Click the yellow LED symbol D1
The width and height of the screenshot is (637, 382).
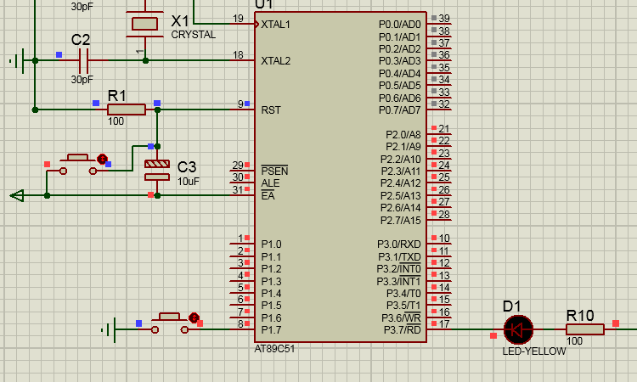[518, 329]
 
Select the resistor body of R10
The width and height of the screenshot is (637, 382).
[585, 329]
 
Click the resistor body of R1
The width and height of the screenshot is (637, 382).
[127, 110]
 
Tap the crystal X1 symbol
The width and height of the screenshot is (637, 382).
[145, 24]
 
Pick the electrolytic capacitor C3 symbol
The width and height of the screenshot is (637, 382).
[157, 171]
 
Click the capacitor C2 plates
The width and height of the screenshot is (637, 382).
[84, 60]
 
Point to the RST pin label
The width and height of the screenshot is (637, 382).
[271, 110]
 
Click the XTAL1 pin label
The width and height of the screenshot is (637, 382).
[275, 25]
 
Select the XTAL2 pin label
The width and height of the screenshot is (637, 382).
[276, 61]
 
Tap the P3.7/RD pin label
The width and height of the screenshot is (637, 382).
[403, 330]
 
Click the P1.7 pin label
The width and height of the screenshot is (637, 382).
[271, 330]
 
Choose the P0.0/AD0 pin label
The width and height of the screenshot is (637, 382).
[400, 25]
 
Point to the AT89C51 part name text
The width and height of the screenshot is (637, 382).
[274, 349]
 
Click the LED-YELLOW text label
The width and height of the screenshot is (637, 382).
[534, 351]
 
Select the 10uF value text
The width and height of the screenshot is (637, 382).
[188, 182]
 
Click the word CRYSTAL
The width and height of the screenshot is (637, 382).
[194, 35]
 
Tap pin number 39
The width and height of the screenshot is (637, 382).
[444, 19]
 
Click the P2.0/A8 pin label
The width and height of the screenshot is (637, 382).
[403, 135]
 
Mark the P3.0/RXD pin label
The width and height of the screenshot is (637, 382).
[399, 244]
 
